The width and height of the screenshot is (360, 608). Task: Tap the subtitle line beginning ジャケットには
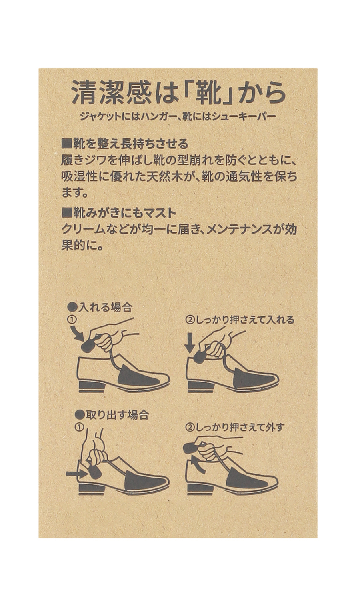click(x=178, y=117)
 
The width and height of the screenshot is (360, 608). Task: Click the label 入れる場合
click(x=105, y=307)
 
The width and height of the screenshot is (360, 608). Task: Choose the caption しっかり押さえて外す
click(x=239, y=427)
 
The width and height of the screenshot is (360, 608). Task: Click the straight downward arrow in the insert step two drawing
click(x=190, y=344)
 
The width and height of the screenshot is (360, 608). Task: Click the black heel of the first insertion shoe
click(x=92, y=386)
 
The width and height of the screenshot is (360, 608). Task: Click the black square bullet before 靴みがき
click(x=66, y=213)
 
